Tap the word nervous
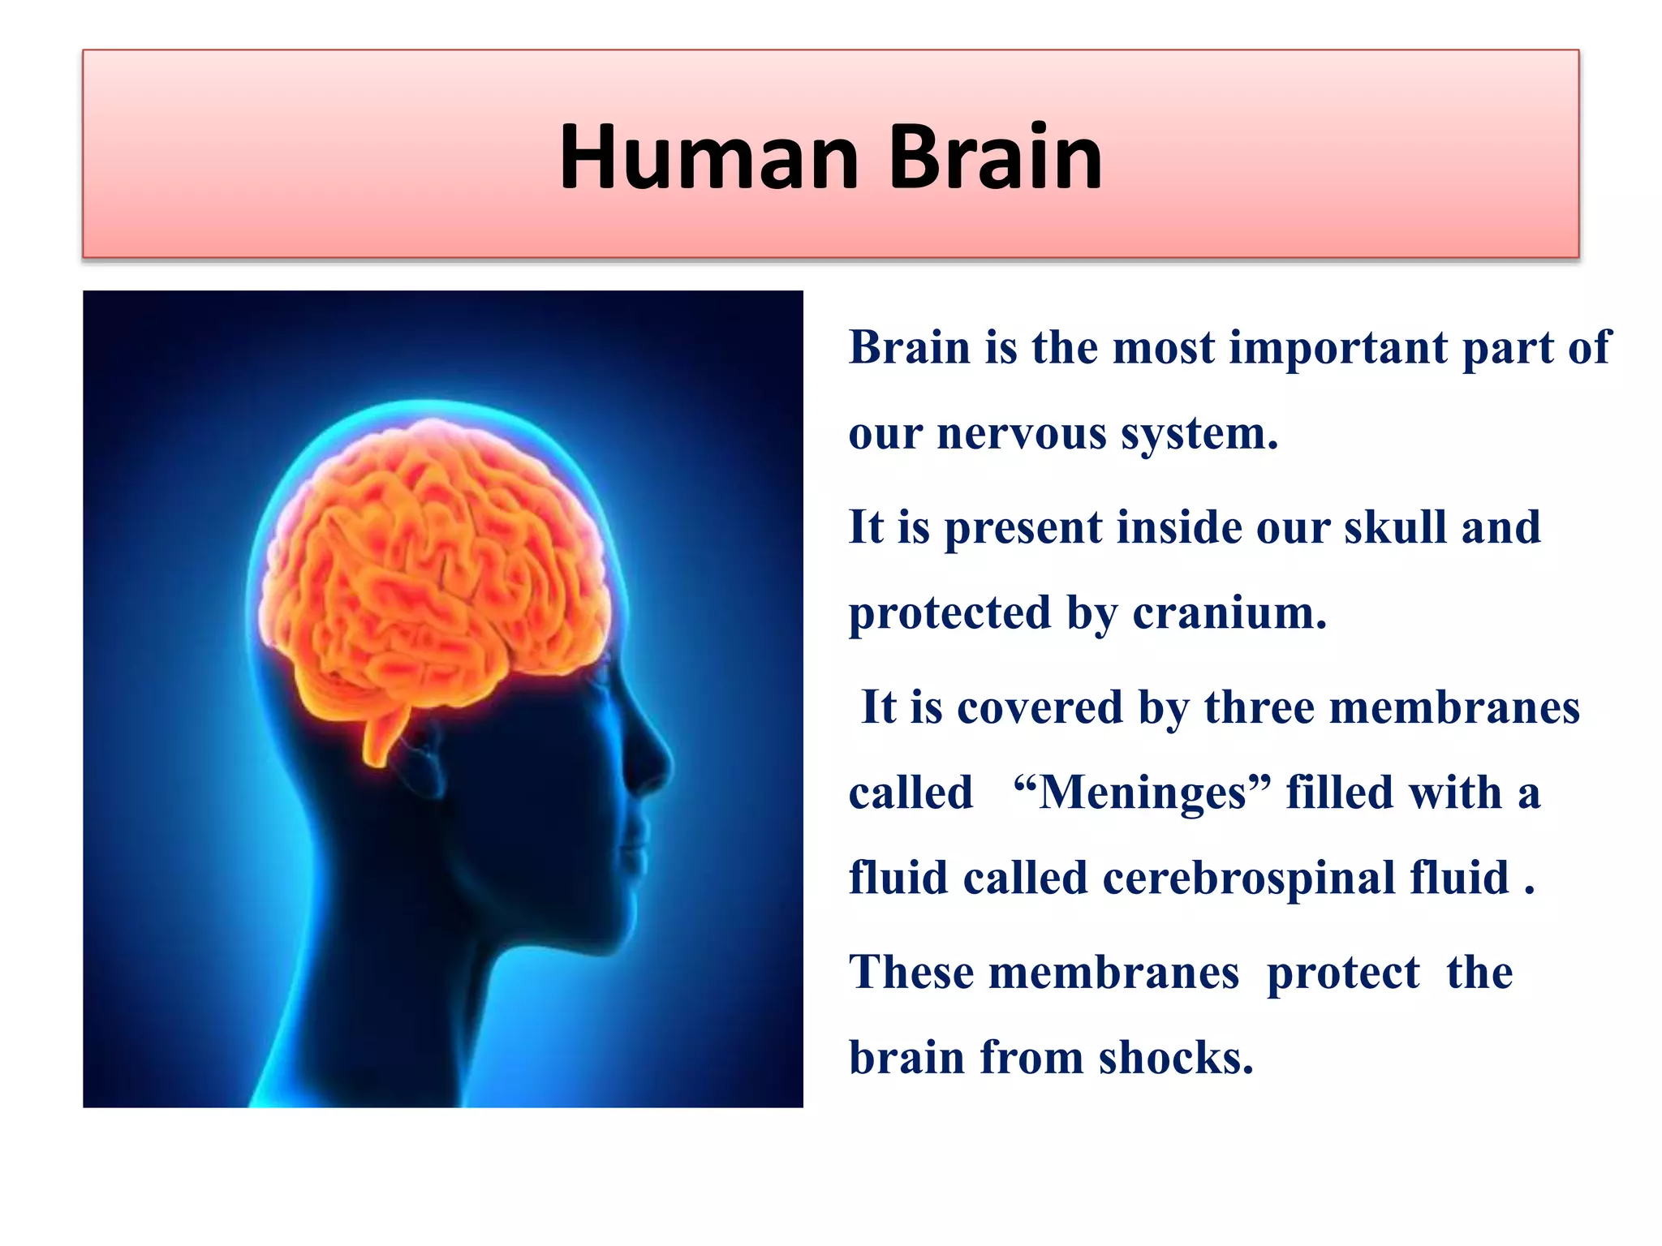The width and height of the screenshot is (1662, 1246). (1021, 433)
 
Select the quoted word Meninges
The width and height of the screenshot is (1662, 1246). (1142, 793)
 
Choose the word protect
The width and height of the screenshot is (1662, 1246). (1342, 973)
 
